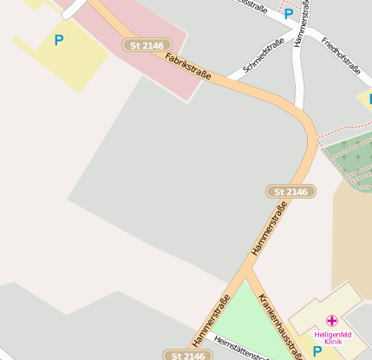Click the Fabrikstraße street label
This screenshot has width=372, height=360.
(188, 67)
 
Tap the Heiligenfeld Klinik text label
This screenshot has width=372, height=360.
(332, 337)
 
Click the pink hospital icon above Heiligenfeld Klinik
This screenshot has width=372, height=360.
(332, 321)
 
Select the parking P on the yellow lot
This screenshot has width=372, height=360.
(58, 40)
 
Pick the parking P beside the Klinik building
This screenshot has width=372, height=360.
(317, 350)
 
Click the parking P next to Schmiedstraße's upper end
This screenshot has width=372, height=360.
(288, 14)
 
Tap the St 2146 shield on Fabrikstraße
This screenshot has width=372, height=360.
(144, 45)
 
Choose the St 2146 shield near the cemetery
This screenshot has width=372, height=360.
(290, 191)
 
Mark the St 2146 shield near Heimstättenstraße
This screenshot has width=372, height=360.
(187, 355)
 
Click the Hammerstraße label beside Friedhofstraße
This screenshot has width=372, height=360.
(299, 29)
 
